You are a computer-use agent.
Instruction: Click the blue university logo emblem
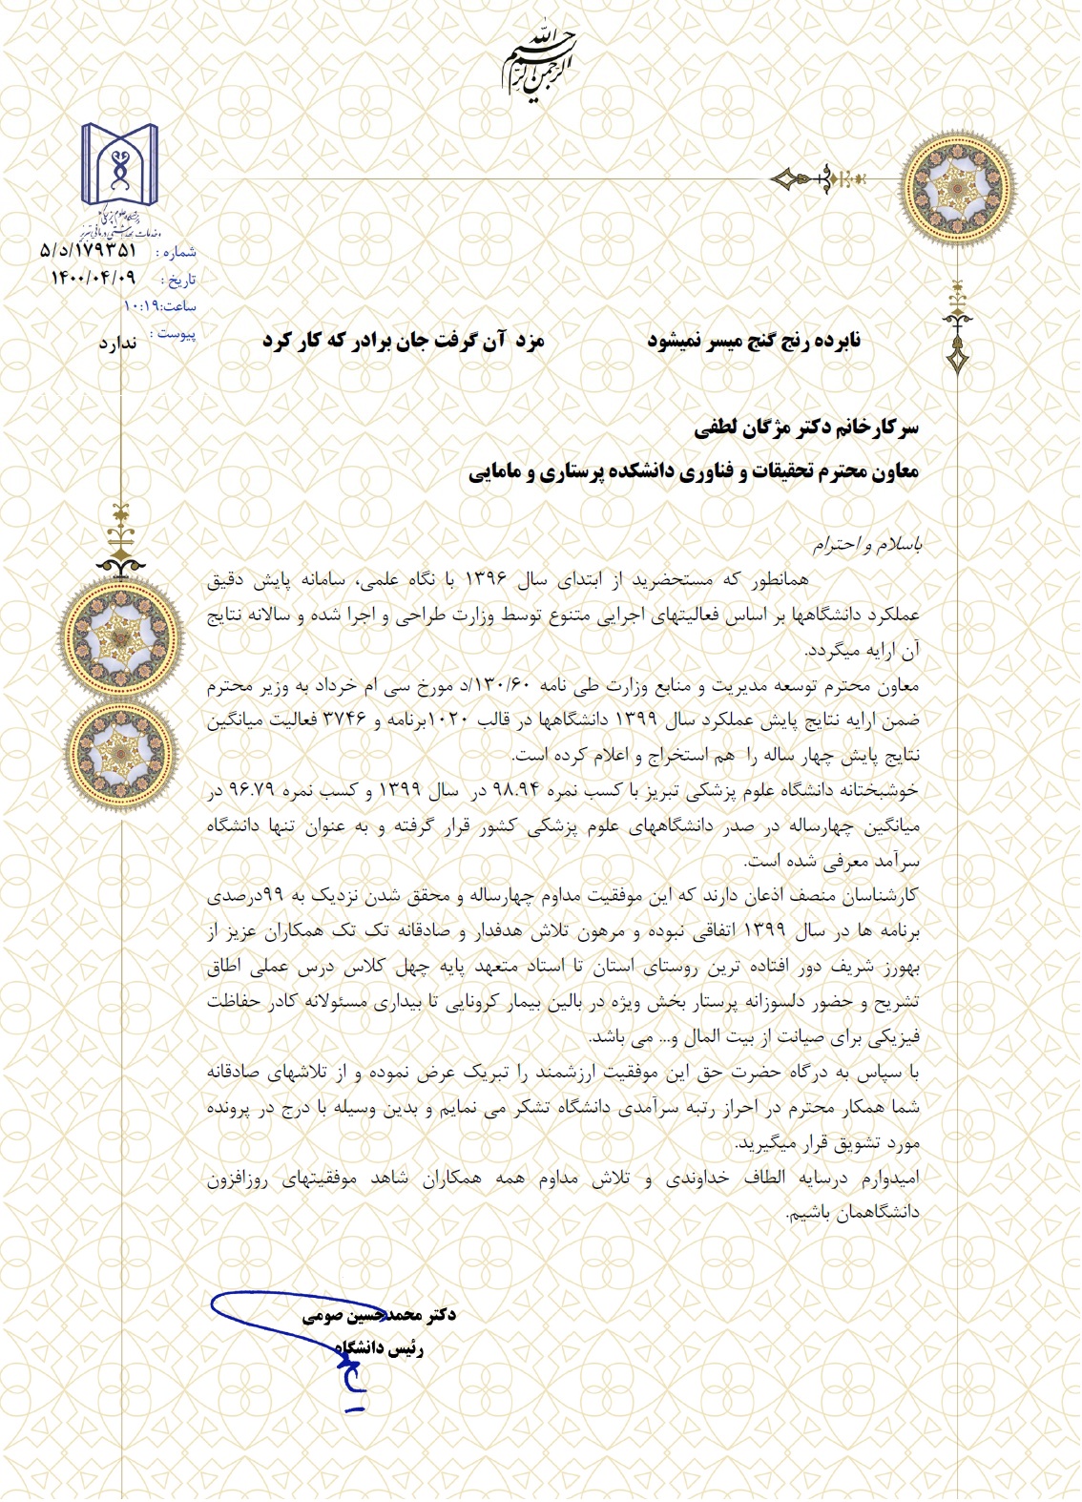[x=119, y=168]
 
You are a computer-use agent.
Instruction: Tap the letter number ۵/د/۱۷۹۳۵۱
[x=89, y=251]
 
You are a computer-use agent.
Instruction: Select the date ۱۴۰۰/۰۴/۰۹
[x=94, y=278]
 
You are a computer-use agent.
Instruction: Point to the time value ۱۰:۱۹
[x=142, y=306]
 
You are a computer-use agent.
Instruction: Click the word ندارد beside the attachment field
[x=117, y=343]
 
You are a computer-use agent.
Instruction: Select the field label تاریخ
[x=179, y=281]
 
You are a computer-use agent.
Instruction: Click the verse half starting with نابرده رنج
[x=754, y=341]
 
